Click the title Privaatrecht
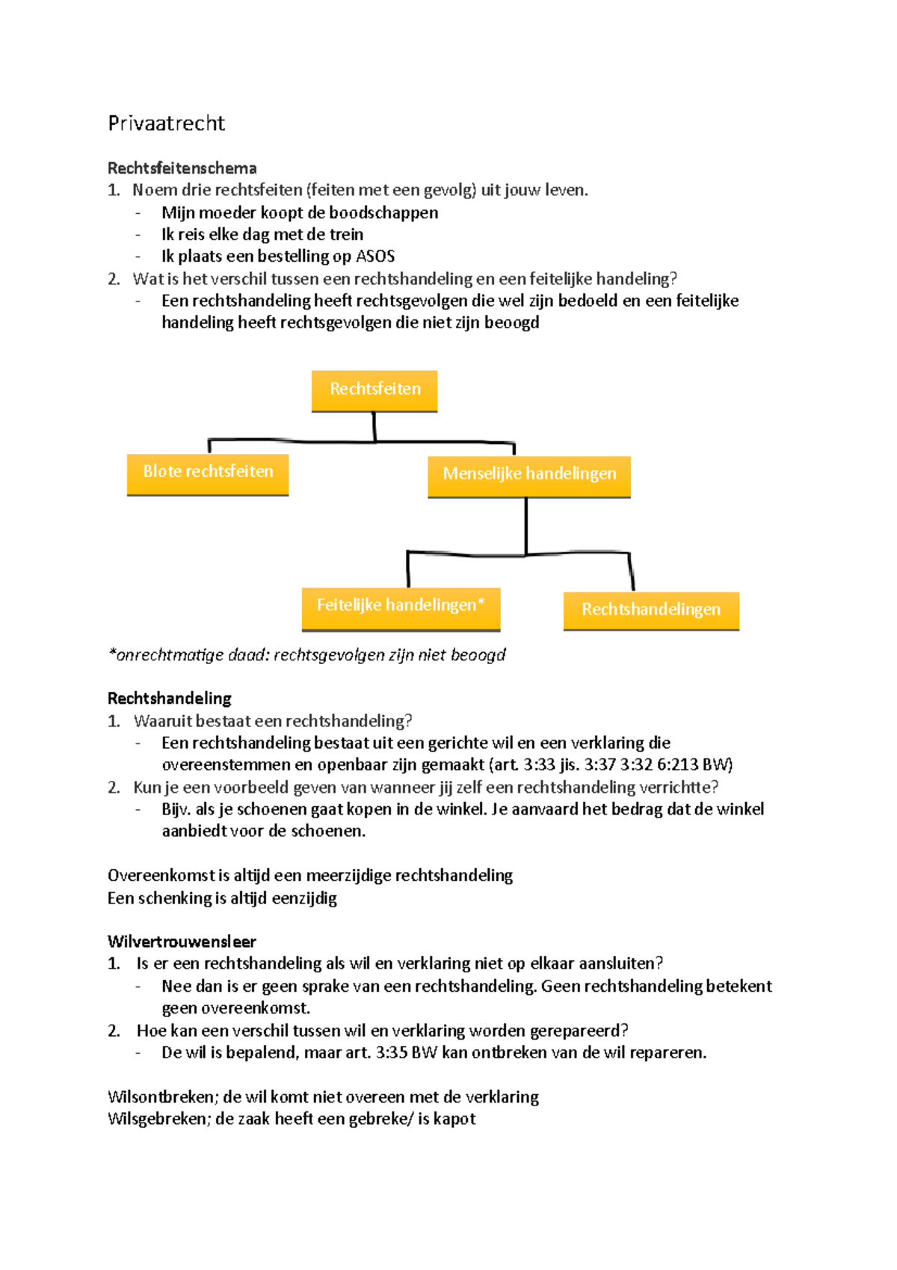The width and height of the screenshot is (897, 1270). [x=166, y=123]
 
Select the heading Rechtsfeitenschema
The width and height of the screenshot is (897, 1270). [x=182, y=168]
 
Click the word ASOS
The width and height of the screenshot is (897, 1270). [x=375, y=257]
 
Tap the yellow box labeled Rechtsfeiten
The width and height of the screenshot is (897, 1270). [x=374, y=390]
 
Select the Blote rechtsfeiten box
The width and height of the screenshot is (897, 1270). [x=208, y=473]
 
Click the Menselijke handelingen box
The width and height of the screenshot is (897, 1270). [x=529, y=475]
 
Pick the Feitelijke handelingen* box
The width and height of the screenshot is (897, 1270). [x=401, y=607]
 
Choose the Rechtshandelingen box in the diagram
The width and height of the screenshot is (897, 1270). [x=651, y=610]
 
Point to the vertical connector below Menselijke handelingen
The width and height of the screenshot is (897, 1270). [x=526, y=526]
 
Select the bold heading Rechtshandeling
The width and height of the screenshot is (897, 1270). [x=170, y=699]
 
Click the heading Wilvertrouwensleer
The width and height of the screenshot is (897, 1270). [x=182, y=942]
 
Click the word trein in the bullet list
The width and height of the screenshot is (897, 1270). [x=346, y=235]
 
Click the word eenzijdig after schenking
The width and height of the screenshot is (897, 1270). [x=303, y=898]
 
